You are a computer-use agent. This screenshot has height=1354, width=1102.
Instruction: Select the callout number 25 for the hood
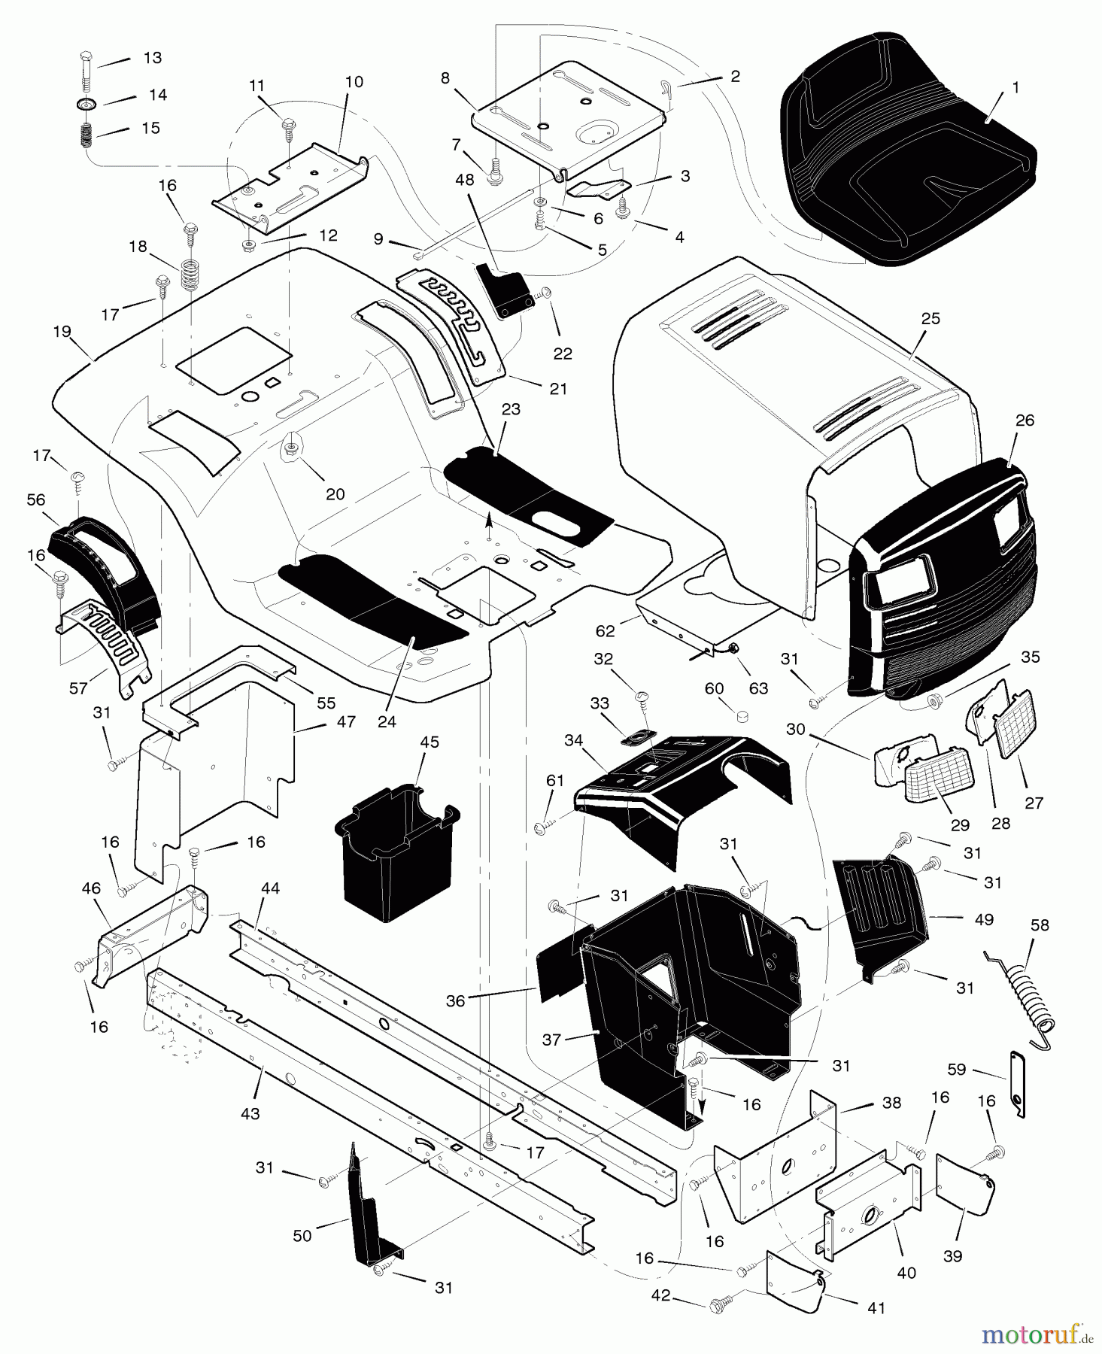[x=930, y=319]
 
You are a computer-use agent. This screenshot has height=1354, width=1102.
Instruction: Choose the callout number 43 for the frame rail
[x=250, y=1113]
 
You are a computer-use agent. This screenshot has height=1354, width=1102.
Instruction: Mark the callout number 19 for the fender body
[x=62, y=330]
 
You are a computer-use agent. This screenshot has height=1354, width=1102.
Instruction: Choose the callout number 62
[x=606, y=631]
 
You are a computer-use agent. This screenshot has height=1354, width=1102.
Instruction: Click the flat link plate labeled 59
[x=1018, y=1083]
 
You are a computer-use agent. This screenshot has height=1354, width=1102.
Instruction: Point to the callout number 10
[x=354, y=82]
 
